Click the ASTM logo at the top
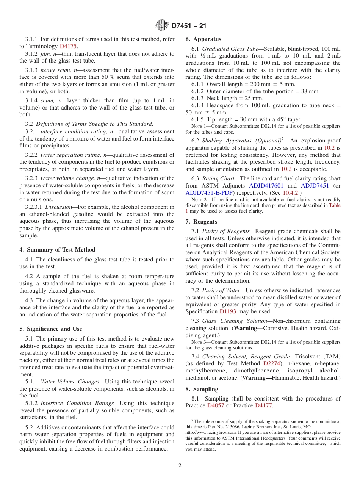[x=162, y=26]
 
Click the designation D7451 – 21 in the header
[x=189, y=26]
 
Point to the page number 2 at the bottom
[x=180, y=465]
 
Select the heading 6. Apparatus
[x=203, y=39]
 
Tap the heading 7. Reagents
[x=201, y=222]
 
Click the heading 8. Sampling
[x=202, y=389]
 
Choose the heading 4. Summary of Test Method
[x=57, y=250]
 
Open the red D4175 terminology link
[x=68, y=46]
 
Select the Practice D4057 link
[x=216, y=405]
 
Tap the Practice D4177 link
[x=264, y=405]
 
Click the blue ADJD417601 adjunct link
[x=266, y=186]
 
